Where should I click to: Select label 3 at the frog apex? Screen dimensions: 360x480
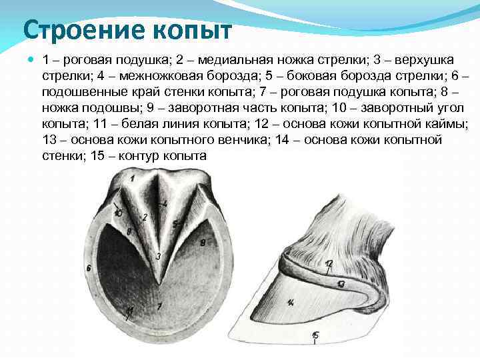158,256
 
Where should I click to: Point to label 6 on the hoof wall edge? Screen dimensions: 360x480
89,268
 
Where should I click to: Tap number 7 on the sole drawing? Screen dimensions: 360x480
159,306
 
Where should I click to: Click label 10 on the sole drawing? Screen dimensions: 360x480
118,213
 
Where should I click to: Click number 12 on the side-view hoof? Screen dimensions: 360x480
329,264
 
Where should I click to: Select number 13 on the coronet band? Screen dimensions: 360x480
340,283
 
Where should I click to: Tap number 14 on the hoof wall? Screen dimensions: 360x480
291,303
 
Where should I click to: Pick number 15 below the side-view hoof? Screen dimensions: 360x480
315,335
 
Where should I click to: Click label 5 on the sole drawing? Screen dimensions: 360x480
174,223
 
